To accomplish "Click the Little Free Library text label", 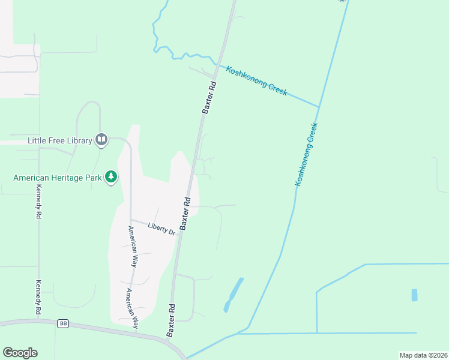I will pyautogui.click(x=59, y=141).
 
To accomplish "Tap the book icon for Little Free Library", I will pyautogui.click(x=101, y=140).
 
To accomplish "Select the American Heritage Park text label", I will pyautogui.click(x=57, y=178).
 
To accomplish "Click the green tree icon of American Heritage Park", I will pyautogui.click(x=111, y=177).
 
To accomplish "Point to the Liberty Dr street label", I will pyautogui.click(x=161, y=228).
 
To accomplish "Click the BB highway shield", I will pyautogui.click(x=63, y=323).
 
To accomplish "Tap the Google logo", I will pyautogui.click(x=20, y=353).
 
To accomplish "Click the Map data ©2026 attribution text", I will pyautogui.click(x=423, y=355).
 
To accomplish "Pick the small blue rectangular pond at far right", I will pyautogui.click(x=414, y=295).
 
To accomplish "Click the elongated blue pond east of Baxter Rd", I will pyautogui.click(x=234, y=295).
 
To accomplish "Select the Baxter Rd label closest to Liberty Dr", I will pyautogui.click(x=186, y=214).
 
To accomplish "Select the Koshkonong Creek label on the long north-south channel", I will pyautogui.click(x=306, y=154).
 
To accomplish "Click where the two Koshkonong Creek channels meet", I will pyautogui.click(x=318, y=107).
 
